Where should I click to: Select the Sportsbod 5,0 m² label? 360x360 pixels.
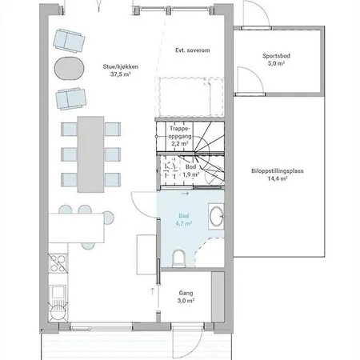point(277,61)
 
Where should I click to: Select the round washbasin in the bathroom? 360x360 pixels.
point(216,214)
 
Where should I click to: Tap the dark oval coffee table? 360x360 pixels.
point(69,67)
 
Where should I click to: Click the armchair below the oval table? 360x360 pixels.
point(70,98)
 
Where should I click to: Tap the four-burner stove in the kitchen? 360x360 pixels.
point(57,262)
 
